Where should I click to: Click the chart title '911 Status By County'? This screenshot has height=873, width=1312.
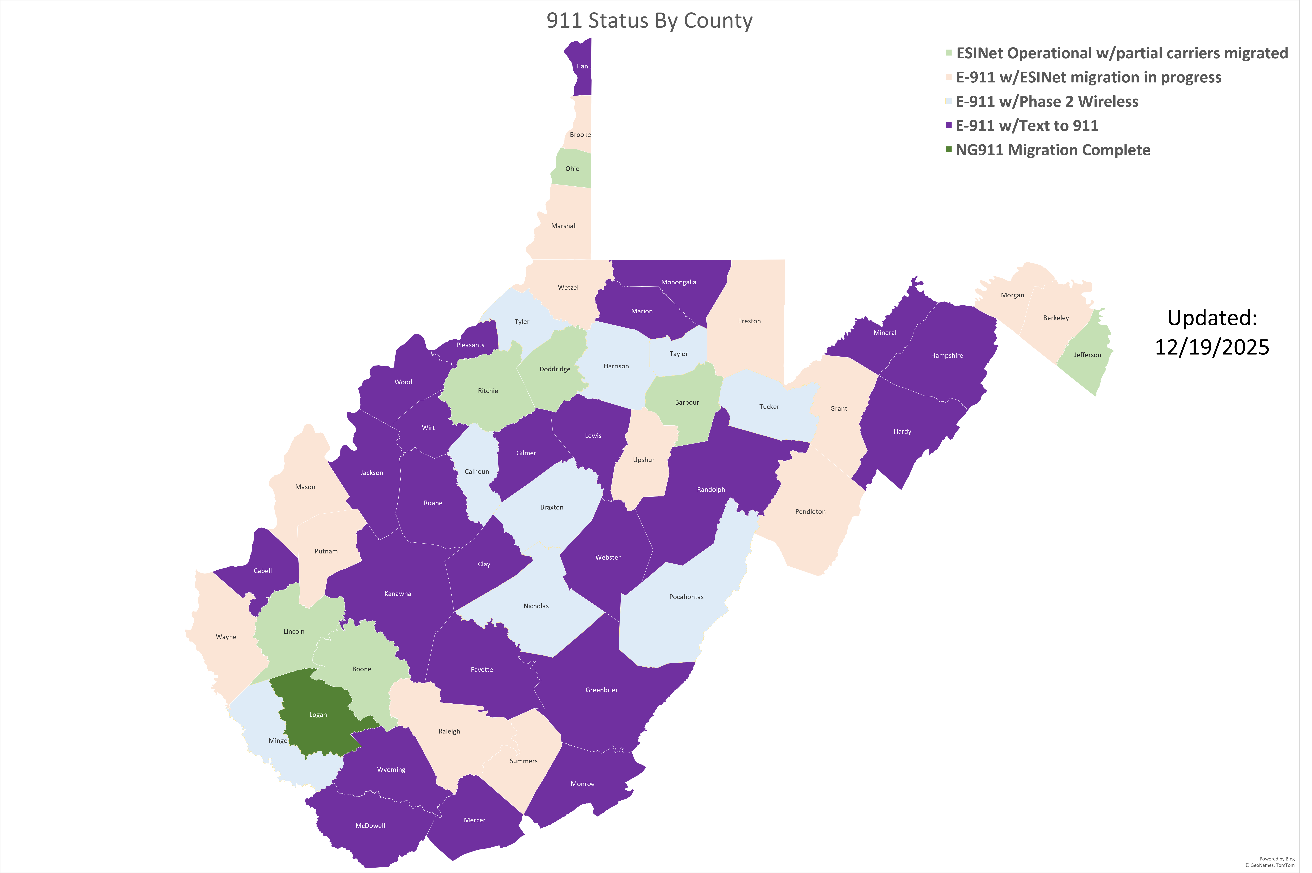click(x=649, y=21)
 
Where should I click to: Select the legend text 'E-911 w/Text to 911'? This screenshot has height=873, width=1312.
click(x=1027, y=126)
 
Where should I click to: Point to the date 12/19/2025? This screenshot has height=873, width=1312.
click(x=1212, y=347)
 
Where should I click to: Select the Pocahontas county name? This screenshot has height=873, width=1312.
click(x=686, y=597)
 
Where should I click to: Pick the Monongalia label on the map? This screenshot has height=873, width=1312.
click(x=678, y=282)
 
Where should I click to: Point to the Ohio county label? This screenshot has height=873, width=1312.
click(x=572, y=169)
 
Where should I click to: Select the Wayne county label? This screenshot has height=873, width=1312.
click(x=226, y=637)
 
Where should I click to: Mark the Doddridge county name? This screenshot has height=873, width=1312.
click(x=555, y=369)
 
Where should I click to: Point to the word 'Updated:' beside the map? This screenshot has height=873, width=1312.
click(x=1212, y=318)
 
